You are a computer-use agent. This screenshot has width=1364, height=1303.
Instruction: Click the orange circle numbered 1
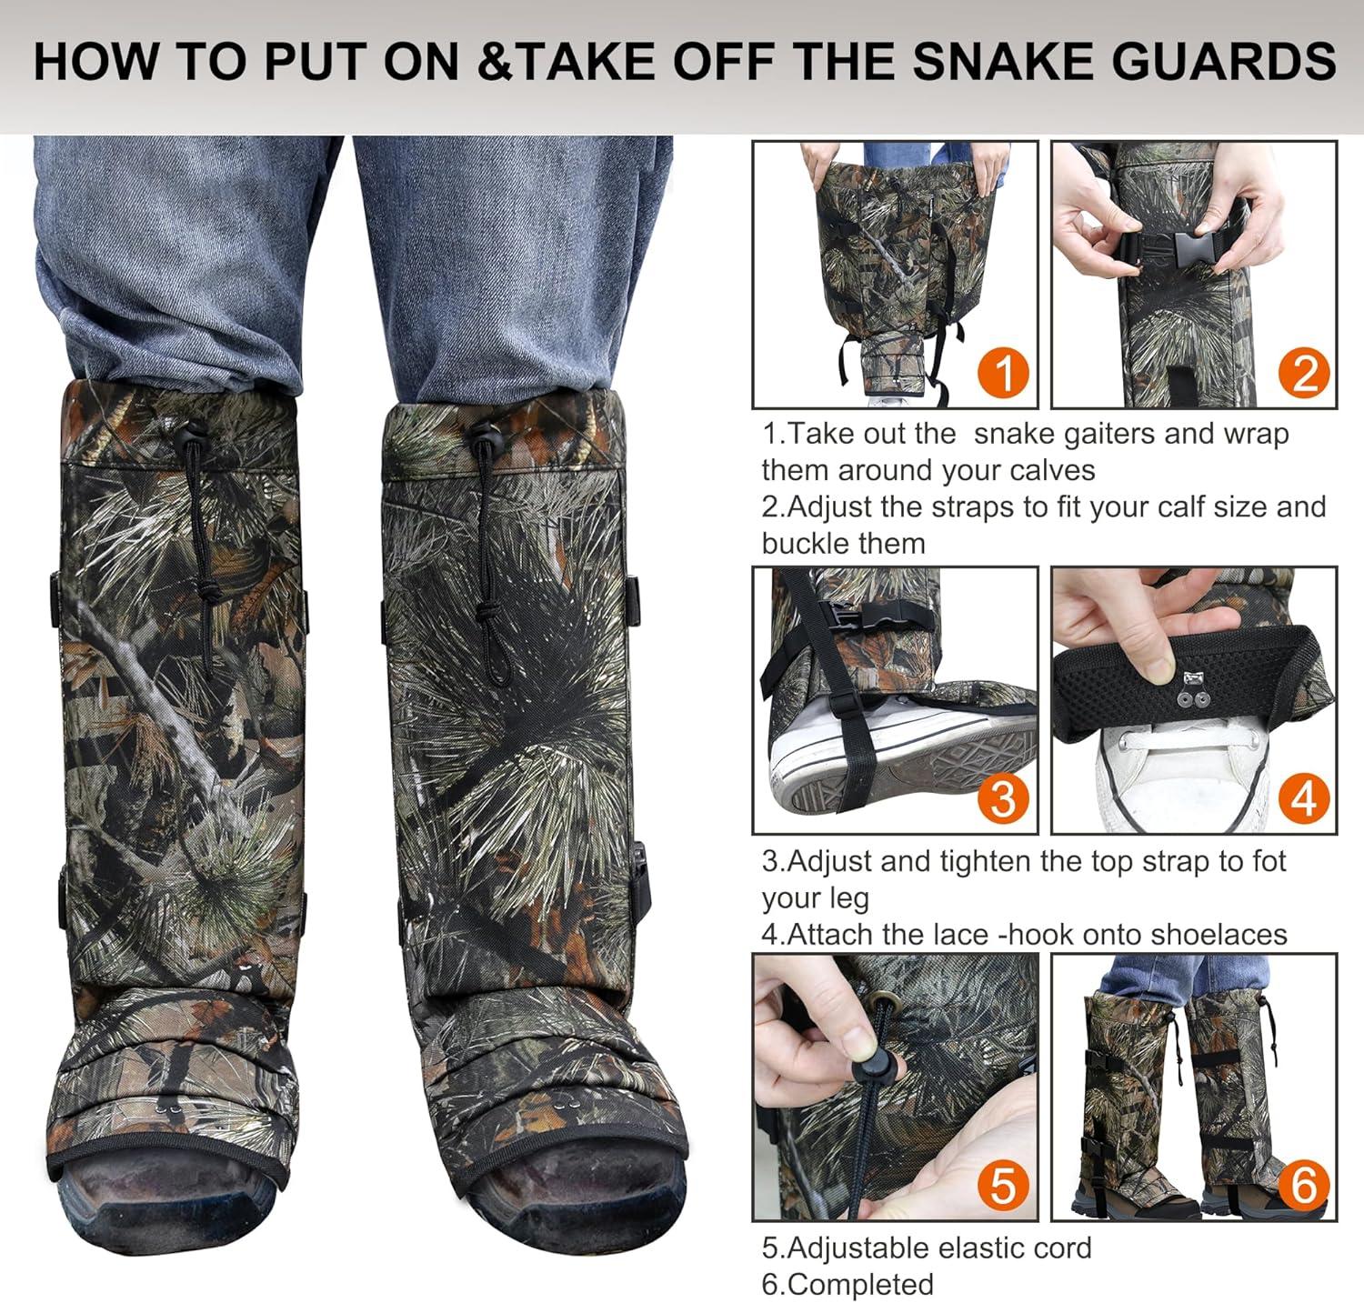click(x=1004, y=373)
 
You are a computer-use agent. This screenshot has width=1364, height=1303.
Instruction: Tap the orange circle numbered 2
click(x=1304, y=373)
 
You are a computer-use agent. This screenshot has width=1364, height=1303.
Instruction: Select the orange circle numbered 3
click(x=1004, y=798)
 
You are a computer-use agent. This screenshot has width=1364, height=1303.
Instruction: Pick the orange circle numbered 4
click(x=1304, y=798)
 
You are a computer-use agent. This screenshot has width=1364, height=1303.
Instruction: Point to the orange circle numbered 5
click(x=1004, y=1186)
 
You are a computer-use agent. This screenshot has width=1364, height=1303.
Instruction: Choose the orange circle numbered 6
click(x=1304, y=1186)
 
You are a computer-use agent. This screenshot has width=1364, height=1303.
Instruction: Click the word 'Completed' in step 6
click(x=860, y=1284)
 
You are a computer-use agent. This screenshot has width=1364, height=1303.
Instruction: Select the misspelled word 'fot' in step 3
click(x=1268, y=861)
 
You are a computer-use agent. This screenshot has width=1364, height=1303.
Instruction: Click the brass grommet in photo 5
click(x=884, y=1000)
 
